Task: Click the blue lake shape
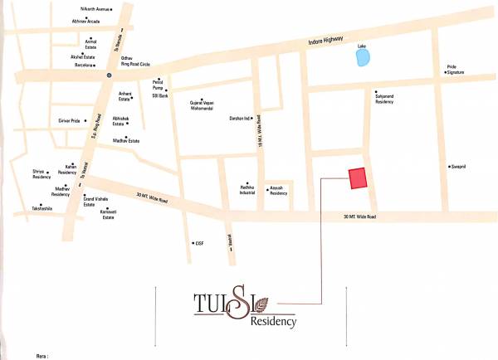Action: (x=362, y=57)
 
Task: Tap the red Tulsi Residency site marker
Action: (x=358, y=178)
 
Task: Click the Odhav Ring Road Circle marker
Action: (x=108, y=75)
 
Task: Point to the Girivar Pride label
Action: (x=69, y=121)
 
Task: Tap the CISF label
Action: (x=198, y=243)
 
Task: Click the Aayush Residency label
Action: (x=279, y=191)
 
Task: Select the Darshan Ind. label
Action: (x=241, y=119)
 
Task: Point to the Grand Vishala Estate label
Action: (x=95, y=202)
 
